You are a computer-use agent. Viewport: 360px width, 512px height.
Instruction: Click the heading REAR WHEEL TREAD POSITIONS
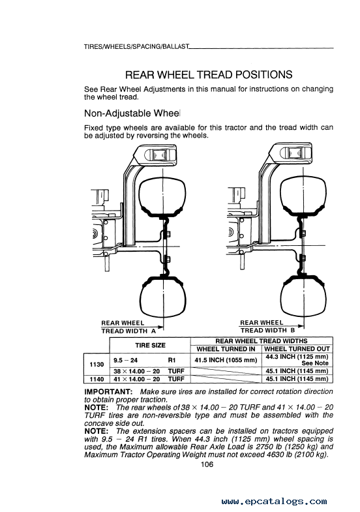209,75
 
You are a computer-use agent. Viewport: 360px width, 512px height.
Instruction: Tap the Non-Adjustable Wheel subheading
132,113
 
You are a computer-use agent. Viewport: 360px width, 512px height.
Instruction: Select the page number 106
207,464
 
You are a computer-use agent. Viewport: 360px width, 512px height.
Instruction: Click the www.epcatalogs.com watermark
274,501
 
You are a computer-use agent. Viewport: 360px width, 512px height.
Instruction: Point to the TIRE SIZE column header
150,346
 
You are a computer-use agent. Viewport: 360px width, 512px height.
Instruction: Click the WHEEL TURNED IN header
226,349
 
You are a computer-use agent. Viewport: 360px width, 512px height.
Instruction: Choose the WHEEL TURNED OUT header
297,349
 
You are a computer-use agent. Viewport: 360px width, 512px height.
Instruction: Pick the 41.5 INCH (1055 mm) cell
226,360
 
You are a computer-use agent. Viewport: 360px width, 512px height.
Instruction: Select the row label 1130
97,364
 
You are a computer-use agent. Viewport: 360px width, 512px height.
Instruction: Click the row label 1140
97,379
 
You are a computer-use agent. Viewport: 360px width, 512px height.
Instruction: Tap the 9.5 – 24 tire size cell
126,360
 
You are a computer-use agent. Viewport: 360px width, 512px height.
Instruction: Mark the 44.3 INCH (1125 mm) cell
297,357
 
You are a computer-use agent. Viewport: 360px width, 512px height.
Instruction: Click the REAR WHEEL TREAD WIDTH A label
128,327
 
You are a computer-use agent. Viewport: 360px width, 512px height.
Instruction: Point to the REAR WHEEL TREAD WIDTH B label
267,327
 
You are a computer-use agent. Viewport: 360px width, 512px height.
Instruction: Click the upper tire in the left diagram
162,197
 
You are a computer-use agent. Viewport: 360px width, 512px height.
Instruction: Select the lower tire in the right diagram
303,294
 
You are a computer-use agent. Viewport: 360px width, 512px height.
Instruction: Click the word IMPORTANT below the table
108,391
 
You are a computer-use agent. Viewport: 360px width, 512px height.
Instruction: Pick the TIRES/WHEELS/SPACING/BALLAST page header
136,47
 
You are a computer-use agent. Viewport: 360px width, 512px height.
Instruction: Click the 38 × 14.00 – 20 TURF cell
149,371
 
